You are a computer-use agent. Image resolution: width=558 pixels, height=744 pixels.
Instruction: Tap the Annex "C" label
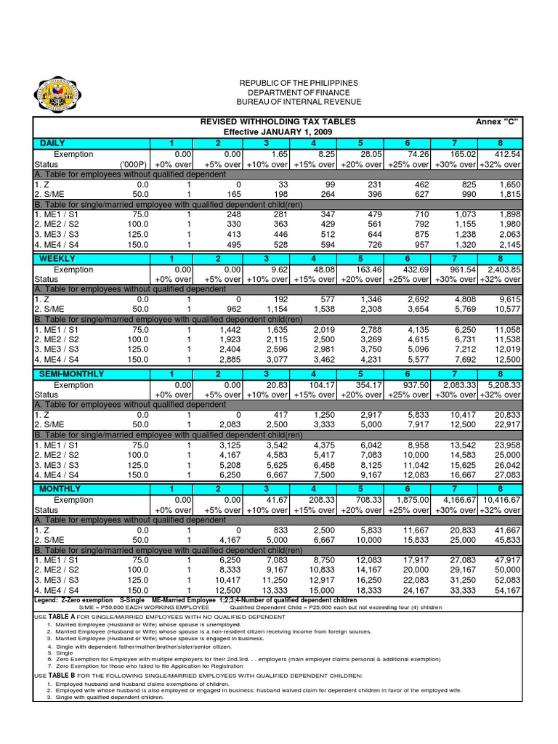497,121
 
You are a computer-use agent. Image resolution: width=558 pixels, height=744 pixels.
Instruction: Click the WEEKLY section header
57,259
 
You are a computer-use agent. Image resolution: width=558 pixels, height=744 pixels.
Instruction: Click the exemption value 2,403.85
500,270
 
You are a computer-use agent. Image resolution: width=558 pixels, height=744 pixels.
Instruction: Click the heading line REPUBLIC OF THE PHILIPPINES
279,84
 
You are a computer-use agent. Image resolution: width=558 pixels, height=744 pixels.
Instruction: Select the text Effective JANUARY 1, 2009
278,132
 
